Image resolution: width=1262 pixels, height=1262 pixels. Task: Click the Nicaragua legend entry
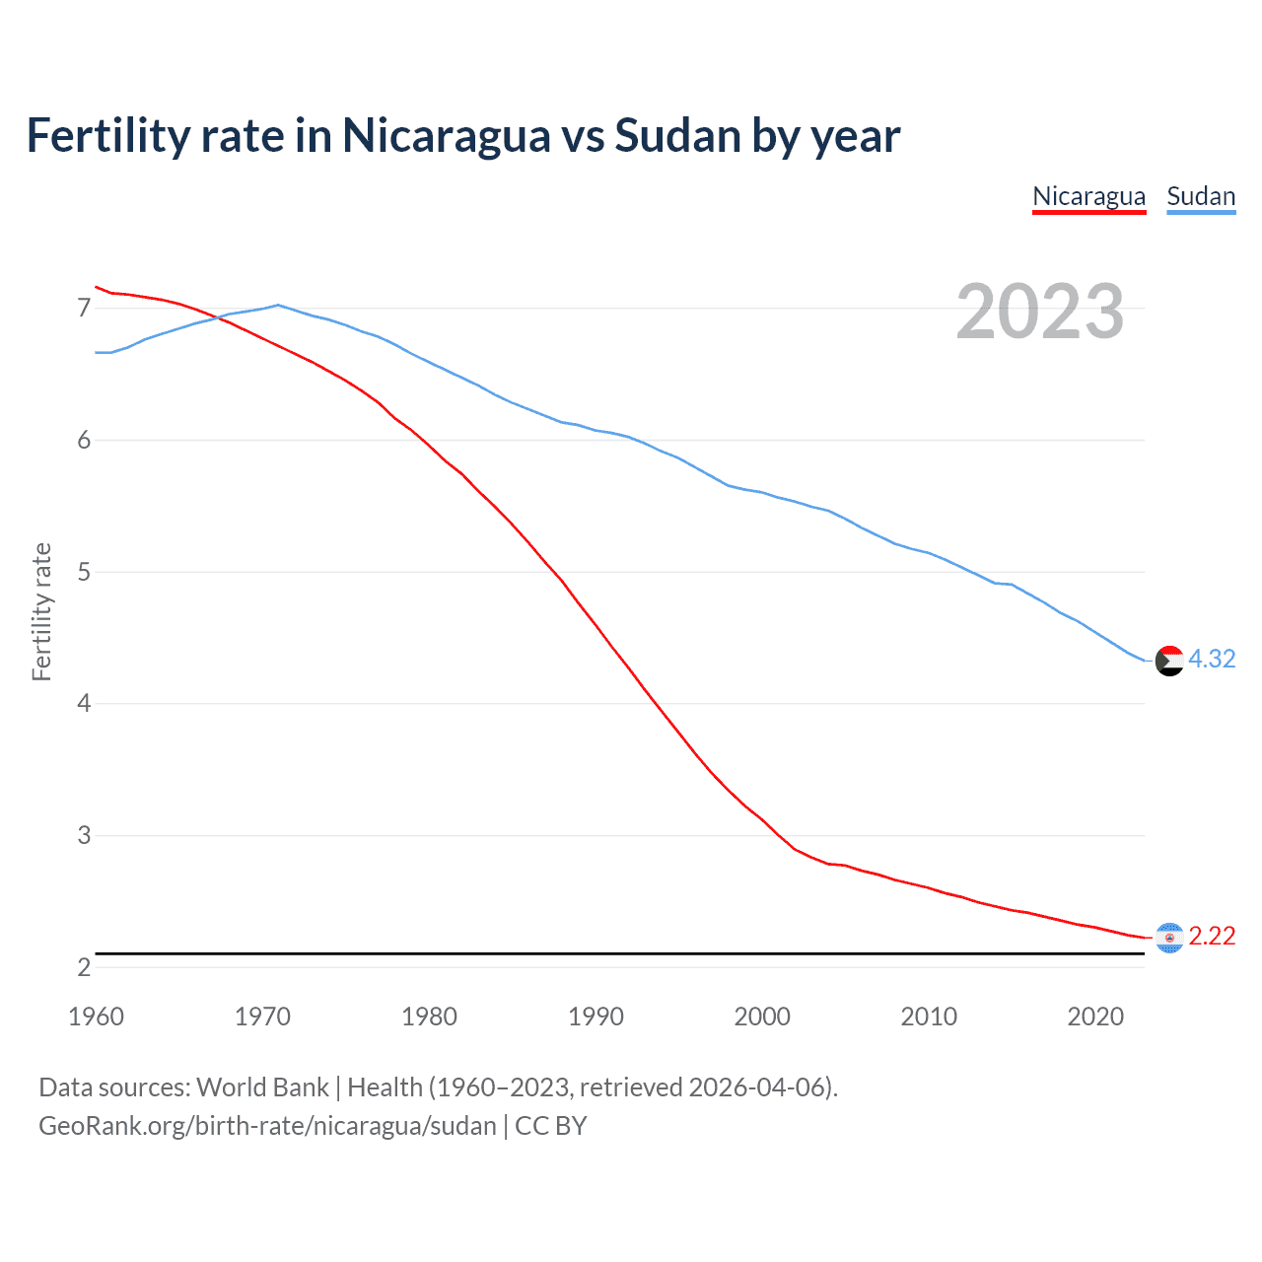click(1088, 196)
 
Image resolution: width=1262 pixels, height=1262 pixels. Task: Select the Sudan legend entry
click(1201, 196)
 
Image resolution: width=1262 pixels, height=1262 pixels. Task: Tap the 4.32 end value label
click(1212, 659)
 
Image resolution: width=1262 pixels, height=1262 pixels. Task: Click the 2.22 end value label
click(1212, 936)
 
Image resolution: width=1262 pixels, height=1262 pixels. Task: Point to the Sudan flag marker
click(1169, 661)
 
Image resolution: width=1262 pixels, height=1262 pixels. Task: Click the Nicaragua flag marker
click(1169, 938)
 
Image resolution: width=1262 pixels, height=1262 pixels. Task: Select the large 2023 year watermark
click(1040, 312)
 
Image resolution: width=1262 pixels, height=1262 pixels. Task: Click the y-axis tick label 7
click(84, 309)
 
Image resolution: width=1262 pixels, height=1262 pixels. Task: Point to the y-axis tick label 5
click(84, 572)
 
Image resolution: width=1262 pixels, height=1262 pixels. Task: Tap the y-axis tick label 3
click(84, 835)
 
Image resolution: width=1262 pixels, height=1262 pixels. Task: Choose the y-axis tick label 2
click(84, 967)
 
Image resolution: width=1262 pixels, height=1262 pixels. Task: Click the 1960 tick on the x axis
click(96, 1017)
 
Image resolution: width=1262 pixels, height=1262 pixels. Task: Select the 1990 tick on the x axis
click(596, 1017)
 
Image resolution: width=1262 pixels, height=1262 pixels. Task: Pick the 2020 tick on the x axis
click(1095, 1017)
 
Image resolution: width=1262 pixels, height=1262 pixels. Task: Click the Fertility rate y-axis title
click(41, 611)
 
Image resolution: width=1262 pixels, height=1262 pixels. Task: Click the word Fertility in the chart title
click(107, 135)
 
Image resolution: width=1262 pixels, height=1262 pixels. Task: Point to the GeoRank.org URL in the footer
click(267, 1126)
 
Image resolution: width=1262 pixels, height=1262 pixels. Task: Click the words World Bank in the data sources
click(262, 1087)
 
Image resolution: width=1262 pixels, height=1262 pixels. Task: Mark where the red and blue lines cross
click(216, 317)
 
